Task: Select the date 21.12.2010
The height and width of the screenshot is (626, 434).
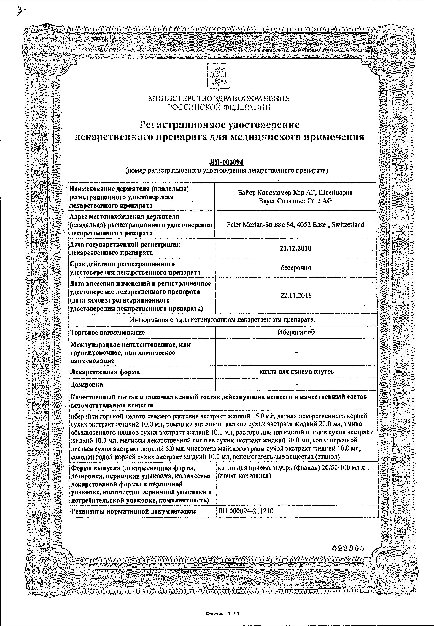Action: [x=296, y=248]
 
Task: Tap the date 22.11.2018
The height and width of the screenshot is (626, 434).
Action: [x=296, y=296]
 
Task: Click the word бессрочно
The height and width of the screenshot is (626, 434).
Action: [x=296, y=268]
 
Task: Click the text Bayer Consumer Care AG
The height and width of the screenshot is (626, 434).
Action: [x=295, y=201]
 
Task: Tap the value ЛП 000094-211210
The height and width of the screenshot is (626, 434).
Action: [x=246, y=511]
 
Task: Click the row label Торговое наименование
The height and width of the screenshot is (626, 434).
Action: [x=108, y=333]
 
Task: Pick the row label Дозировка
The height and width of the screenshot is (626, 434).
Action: [x=87, y=385]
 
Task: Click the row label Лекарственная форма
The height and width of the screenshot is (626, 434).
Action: [x=105, y=372]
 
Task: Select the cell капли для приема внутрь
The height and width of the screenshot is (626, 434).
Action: [x=296, y=372]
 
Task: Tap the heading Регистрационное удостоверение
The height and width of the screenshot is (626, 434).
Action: [x=219, y=125]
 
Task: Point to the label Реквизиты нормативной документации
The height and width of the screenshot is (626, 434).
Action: [x=134, y=511]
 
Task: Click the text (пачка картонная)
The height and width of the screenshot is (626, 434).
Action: [x=244, y=476]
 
